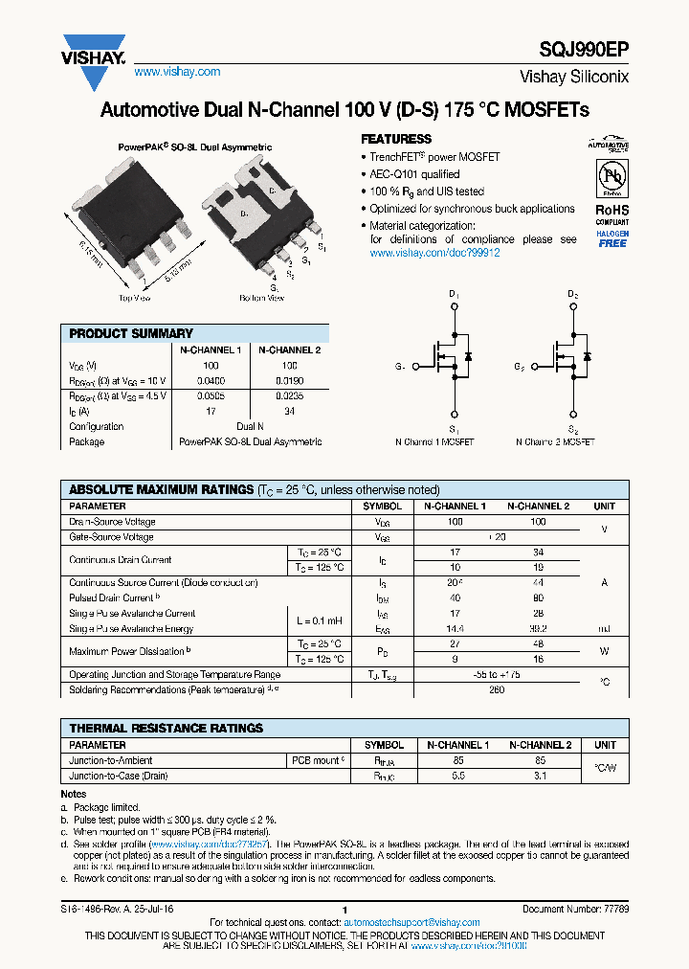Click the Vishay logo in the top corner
click(x=94, y=51)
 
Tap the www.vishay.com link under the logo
click(x=177, y=72)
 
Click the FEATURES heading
click(x=395, y=139)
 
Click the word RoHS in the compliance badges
click(x=611, y=209)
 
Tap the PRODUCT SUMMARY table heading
click(x=131, y=333)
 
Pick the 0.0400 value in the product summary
click(x=211, y=380)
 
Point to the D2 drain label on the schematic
click(x=572, y=294)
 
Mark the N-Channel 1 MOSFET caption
click(x=434, y=442)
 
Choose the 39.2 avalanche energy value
click(x=538, y=629)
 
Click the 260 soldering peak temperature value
click(x=497, y=689)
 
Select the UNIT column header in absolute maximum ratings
click(x=604, y=506)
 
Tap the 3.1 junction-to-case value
click(x=540, y=776)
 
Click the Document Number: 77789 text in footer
click(x=575, y=909)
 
